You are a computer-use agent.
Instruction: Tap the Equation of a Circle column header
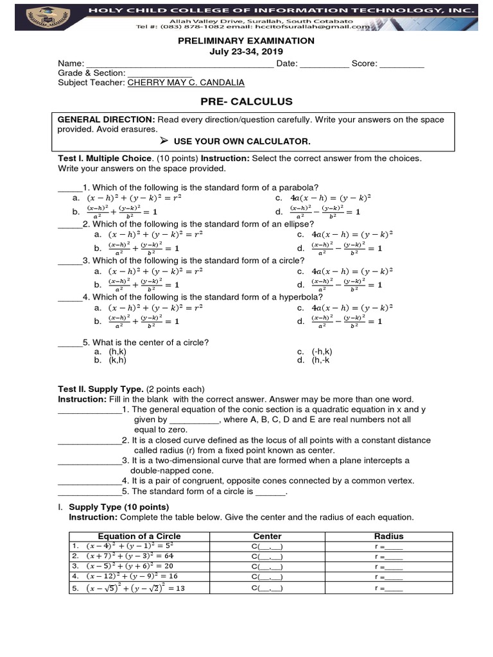click(x=139, y=536)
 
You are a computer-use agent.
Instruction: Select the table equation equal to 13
click(x=132, y=588)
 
